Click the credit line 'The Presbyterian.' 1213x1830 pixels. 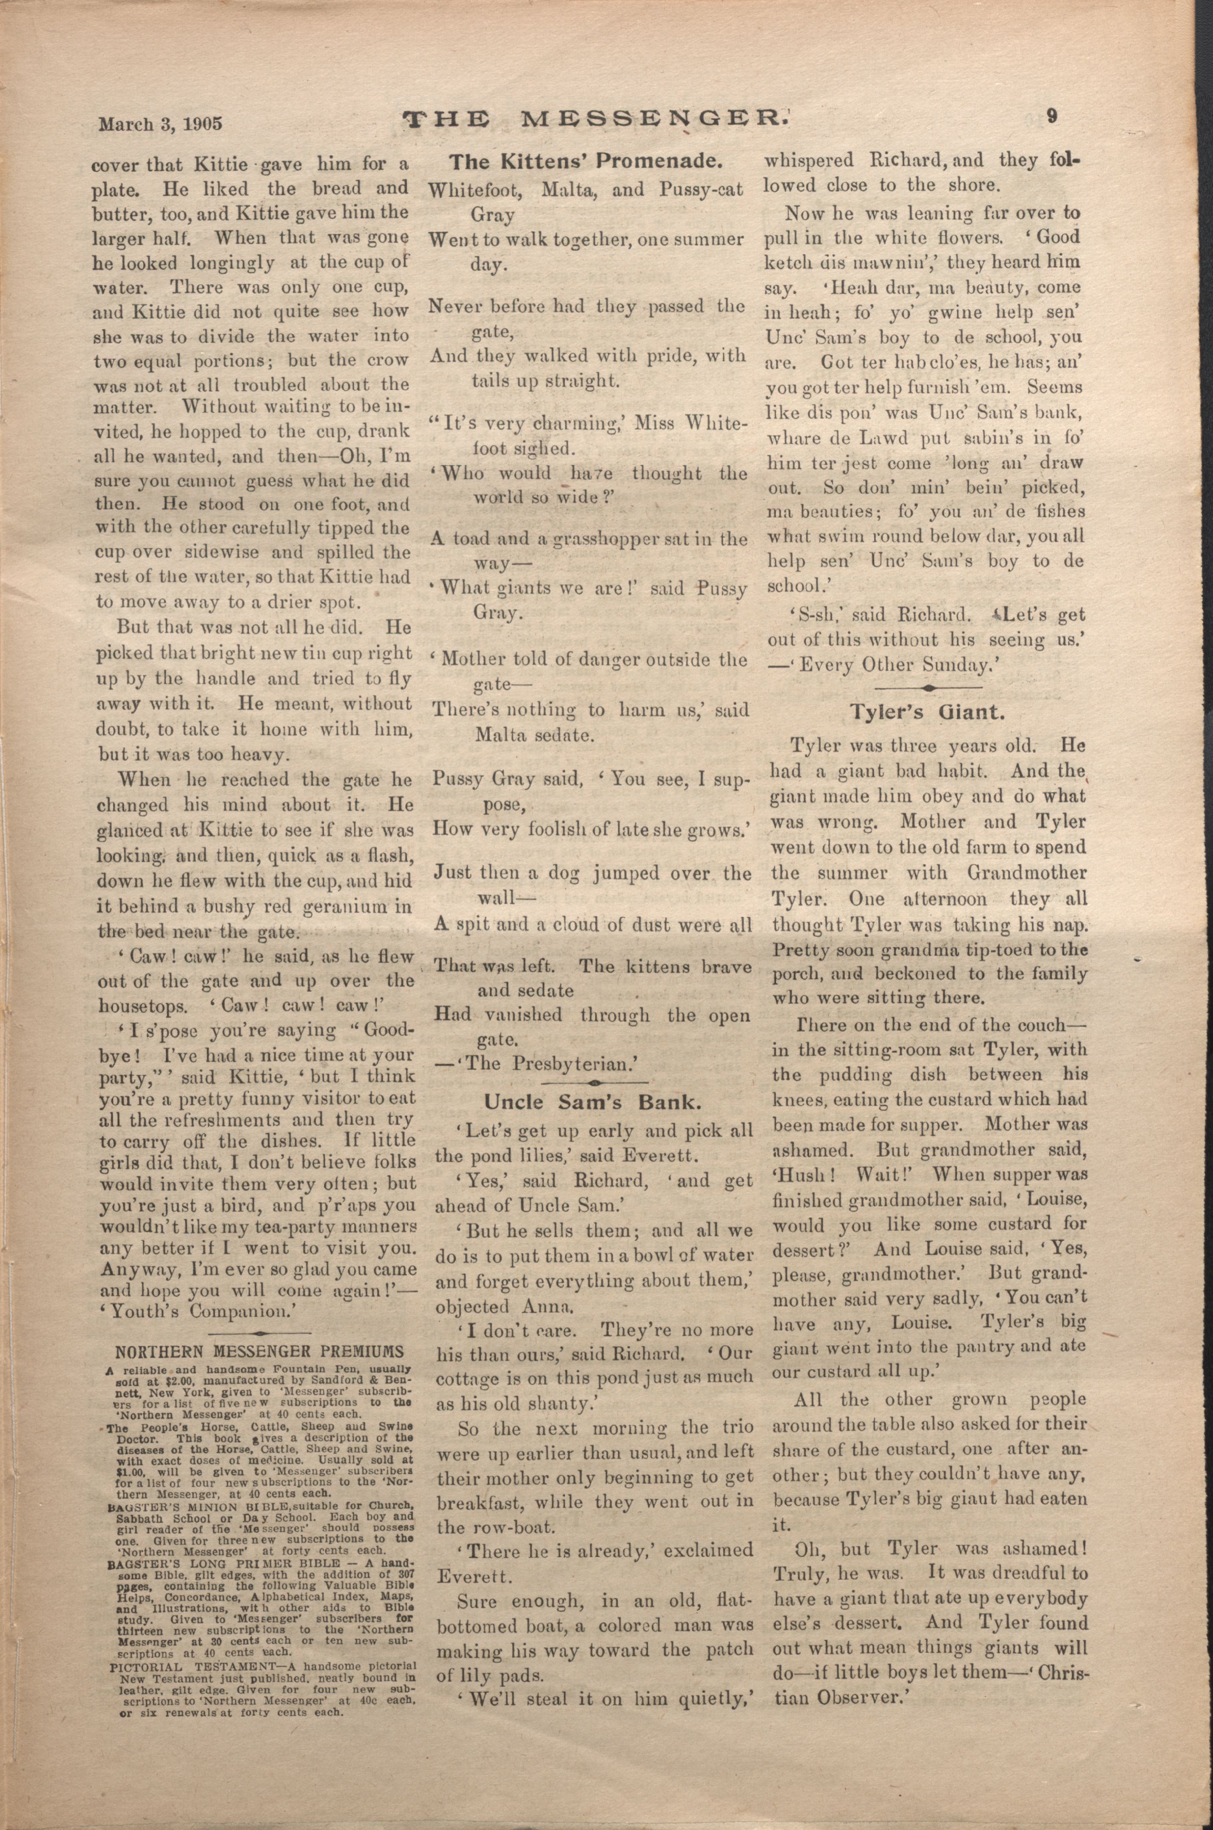(x=541, y=1064)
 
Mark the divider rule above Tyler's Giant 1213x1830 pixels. (x=928, y=687)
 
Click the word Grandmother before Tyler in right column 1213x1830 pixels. (x=1026, y=872)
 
